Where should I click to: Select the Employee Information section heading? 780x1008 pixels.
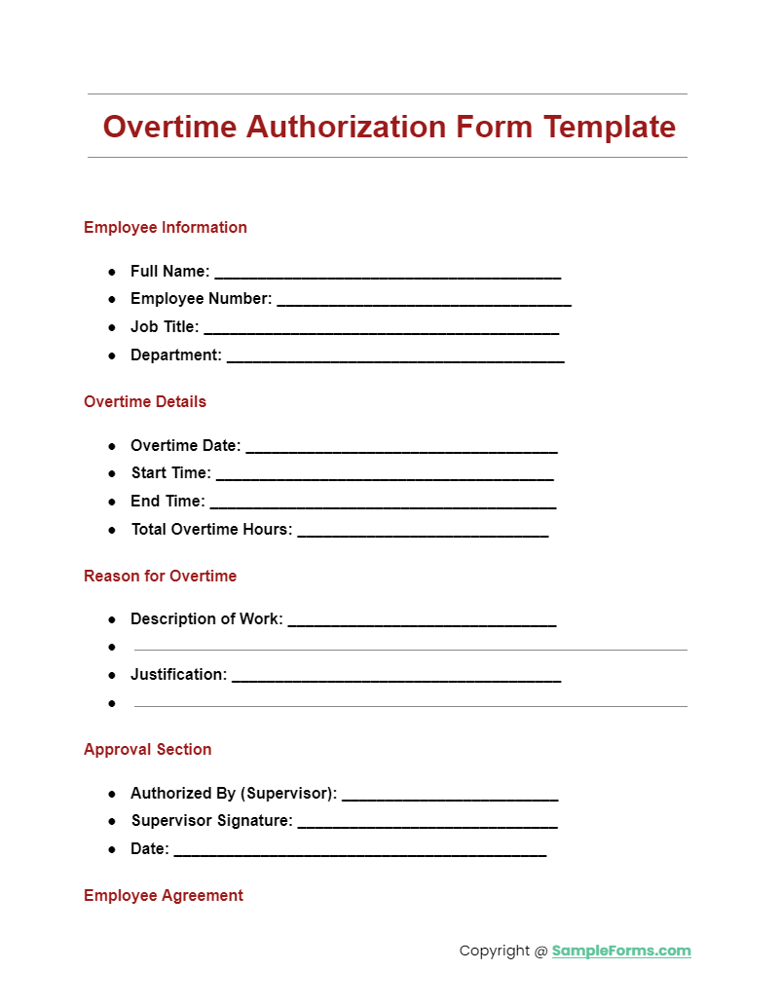[x=166, y=228]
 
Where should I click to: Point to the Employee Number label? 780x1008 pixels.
[x=201, y=299]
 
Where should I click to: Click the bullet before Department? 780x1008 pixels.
[x=112, y=355]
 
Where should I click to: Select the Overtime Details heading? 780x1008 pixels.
[x=145, y=402]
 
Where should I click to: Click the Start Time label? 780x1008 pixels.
[x=170, y=473]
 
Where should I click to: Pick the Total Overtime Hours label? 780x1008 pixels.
[x=211, y=530]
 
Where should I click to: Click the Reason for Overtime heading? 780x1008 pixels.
[x=160, y=577]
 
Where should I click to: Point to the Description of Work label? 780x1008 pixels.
[x=206, y=619]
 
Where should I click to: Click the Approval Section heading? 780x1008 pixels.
[x=147, y=750]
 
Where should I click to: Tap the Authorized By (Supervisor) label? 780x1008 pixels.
[x=234, y=794]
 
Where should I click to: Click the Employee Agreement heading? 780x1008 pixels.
[x=164, y=896]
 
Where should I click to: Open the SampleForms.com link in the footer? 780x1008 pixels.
[x=621, y=952]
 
